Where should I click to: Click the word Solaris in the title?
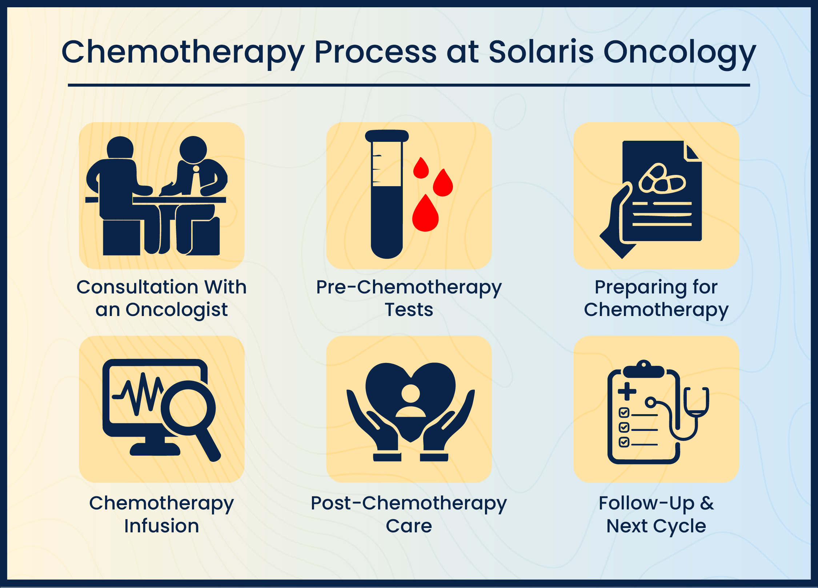[541, 52]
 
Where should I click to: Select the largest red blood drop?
[425, 214]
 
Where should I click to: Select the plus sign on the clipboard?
[627, 391]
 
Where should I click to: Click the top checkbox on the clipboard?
[624, 413]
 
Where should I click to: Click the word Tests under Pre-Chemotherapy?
[409, 310]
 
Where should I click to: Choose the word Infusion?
[162, 526]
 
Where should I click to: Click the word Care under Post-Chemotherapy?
[409, 526]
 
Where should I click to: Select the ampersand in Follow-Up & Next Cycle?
[707, 503]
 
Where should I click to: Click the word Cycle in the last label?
[679, 527]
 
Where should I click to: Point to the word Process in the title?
[376, 52]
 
